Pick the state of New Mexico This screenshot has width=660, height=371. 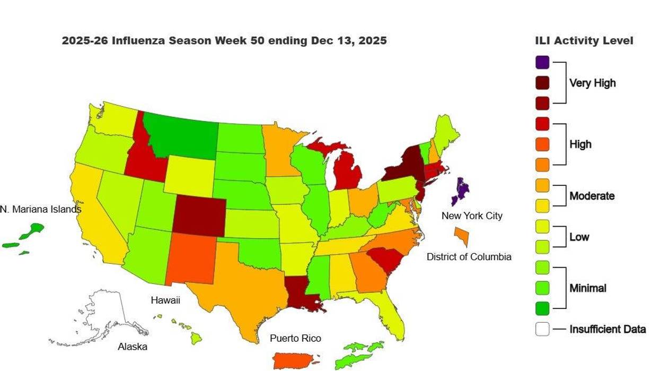tap(192, 259)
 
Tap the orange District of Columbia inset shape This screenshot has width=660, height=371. tap(462, 236)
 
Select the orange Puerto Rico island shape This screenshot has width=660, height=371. tap(295, 360)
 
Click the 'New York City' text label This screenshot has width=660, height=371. tap(472, 215)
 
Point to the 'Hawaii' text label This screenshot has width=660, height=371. tap(165, 300)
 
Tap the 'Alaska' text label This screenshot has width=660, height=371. tap(133, 347)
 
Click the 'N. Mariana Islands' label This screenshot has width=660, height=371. tap(41, 209)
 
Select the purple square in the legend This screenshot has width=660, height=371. tap(542, 62)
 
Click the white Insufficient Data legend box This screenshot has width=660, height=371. tap(542, 329)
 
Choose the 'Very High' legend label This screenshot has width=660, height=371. tap(592, 83)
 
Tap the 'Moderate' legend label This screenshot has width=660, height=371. tap(592, 196)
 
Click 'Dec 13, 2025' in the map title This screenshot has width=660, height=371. tap(347, 41)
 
